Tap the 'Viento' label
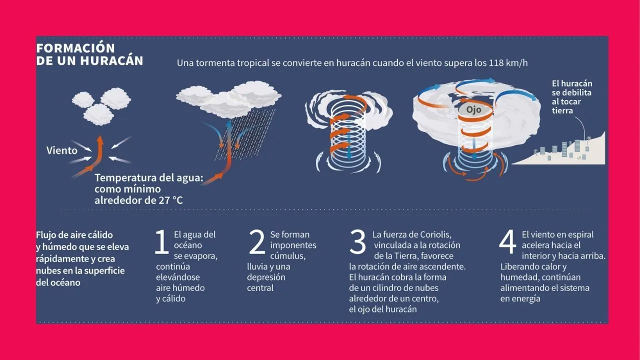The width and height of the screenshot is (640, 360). pyautogui.click(x=62, y=150)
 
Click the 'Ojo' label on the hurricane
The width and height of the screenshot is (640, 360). pyautogui.click(x=473, y=109)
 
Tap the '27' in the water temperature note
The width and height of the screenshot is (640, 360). pyautogui.click(x=164, y=200)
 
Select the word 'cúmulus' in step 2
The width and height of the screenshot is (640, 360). pyautogui.click(x=287, y=255)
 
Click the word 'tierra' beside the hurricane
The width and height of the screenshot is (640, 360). pyautogui.click(x=562, y=110)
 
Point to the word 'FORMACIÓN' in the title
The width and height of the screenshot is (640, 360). pyautogui.click(x=75, y=48)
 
